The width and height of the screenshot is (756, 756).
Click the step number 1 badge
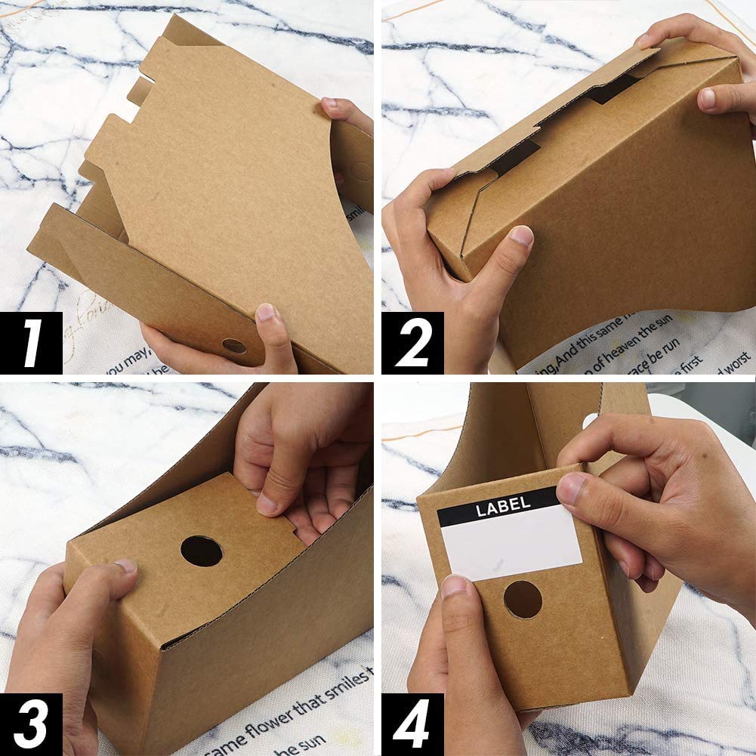click(31, 343)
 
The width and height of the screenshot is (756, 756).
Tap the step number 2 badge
click(412, 343)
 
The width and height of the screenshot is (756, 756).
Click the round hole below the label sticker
click(523, 599)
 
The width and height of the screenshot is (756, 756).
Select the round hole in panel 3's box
click(202, 551)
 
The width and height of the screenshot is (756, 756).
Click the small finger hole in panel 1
click(234, 346)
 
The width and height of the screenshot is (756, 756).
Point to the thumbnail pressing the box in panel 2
click(521, 236)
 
